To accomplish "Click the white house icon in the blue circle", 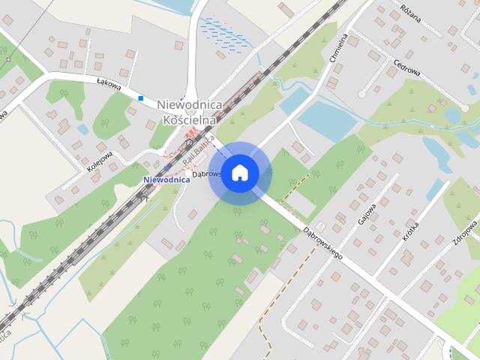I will pyautogui.click(x=239, y=172).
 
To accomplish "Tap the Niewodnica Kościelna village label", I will pyautogui.click(x=188, y=112).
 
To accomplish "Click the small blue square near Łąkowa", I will pyautogui.click(x=140, y=97).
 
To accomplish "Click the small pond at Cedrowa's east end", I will pyautogui.click(x=453, y=115).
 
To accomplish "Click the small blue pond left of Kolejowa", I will pyautogui.click(x=82, y=129).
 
